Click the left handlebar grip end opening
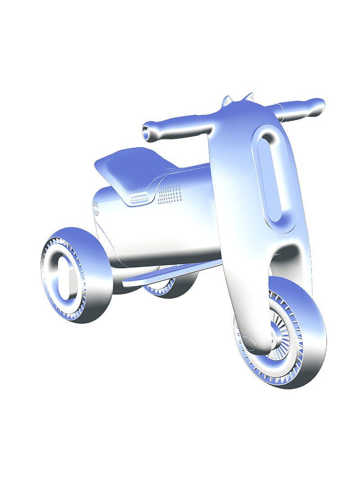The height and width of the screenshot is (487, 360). [147, 131]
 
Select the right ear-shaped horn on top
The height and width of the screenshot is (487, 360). [248, 97]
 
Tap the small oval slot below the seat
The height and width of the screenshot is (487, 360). [139, 197]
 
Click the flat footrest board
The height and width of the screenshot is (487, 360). [162, 274]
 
